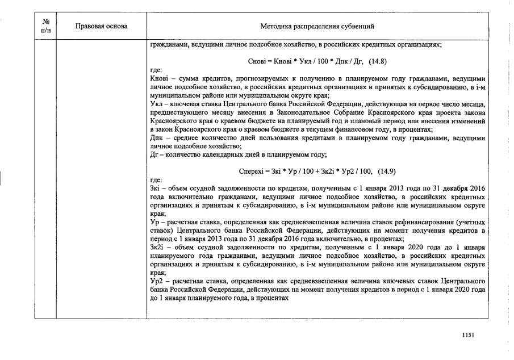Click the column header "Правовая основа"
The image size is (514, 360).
[x=101, y=26]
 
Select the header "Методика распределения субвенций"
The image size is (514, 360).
[x=317, y=26]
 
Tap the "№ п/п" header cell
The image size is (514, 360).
[x=47, y=26]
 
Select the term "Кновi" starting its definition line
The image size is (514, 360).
[x=158, y=78]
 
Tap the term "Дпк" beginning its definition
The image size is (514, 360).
[x=157, y=138]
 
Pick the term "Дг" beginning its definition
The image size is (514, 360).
[x=154, y=154]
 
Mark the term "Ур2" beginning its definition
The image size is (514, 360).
[x=156, y=282]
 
